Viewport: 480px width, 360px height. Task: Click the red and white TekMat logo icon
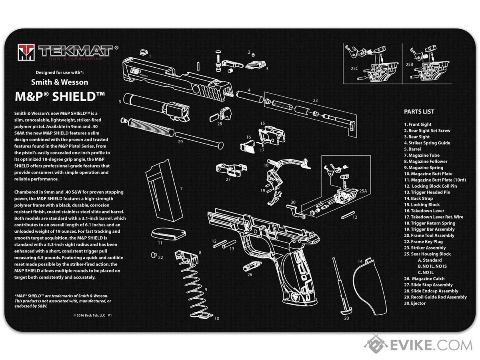26,52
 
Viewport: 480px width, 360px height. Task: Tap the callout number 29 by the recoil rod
180,142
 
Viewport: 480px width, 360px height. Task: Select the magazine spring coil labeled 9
193,288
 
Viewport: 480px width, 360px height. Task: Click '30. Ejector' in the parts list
415,303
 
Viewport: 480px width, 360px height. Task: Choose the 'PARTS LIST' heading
419,112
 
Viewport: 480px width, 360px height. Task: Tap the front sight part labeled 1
144,52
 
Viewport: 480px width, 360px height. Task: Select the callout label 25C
354,68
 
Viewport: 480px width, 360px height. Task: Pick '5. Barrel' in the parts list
412,149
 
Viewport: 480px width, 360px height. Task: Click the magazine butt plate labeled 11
168,234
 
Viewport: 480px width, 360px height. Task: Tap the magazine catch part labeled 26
252,266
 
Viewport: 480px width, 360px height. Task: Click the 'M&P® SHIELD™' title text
60,96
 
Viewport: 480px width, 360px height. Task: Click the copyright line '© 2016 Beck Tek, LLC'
89,316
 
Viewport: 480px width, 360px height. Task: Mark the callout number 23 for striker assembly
315,100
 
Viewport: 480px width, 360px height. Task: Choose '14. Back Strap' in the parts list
418,198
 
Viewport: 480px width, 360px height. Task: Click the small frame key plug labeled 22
154,255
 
